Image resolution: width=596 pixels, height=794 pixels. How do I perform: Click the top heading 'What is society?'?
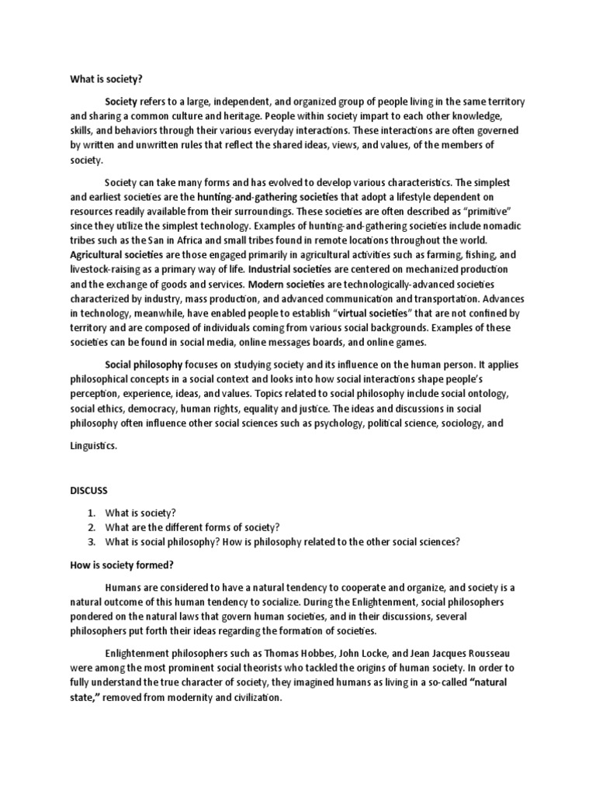pos(106,78)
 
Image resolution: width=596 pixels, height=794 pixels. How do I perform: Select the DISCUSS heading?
pos(89,491)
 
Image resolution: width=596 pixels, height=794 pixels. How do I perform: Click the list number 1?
pos(91,513)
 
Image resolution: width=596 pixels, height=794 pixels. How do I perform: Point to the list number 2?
pos(91,527)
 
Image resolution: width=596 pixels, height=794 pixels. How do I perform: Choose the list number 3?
pos(91,541)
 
